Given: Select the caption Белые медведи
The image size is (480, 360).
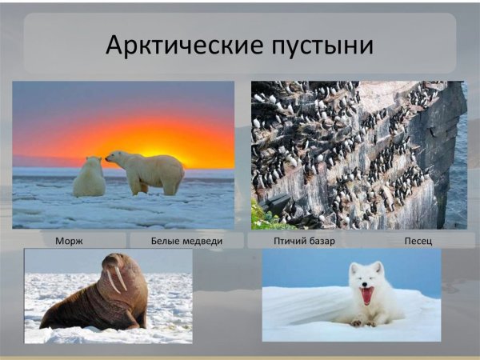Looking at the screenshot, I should [x=186, y=240].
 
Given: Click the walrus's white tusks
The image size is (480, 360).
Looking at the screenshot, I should [x=118, y=280].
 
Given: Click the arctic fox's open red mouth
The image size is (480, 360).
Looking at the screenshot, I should [x=367, y=296].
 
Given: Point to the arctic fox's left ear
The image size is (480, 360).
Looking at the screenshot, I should [x=353, y=268].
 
